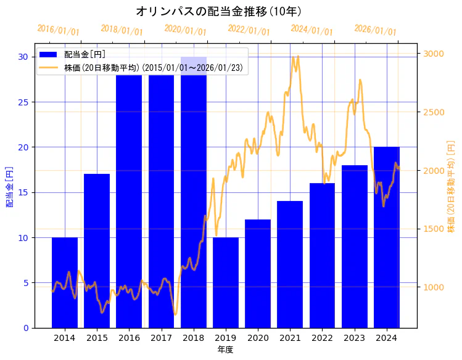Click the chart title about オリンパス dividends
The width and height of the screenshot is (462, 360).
pos(218,12)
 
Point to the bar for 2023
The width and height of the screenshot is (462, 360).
pos(355,246)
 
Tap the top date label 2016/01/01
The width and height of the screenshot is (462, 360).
pos(58,30)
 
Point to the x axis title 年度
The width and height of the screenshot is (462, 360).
pos(225,350)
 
